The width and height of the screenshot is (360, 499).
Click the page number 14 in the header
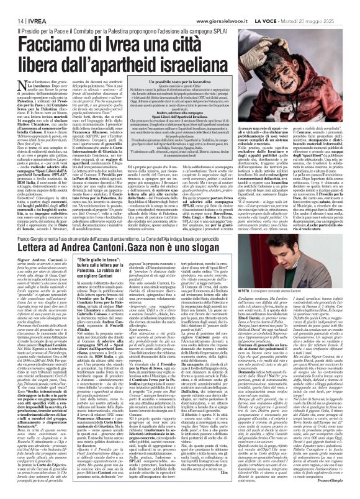tap(12, 5)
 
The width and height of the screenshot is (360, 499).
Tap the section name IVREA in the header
tap(28, 5)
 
